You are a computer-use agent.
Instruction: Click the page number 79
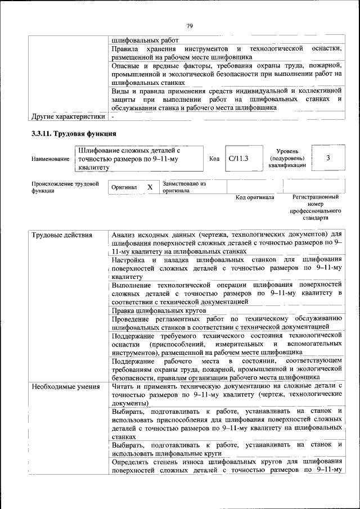pyautogui.click(x=190, y=26)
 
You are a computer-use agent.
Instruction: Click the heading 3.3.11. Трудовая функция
pyautogui.click(x=74, y=134)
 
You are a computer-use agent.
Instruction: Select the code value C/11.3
pyautogui.click(x=238, y=159)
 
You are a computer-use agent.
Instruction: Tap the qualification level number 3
pyautogui.click(x=328, y=158)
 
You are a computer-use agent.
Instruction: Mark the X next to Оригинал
pyautogui.click(x=150, y=187)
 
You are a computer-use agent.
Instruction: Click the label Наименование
pyautogui.click(x=51, y=159)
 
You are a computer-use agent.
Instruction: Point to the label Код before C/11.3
pyautogui.click(x=214, y=159)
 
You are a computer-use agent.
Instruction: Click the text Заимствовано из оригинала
pyautogui.click(x=184, y=187)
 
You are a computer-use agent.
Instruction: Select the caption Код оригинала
pyautogui.click(x=254, y=197)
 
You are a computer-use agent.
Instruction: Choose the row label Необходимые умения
pyautogui.click(x=66, y=386)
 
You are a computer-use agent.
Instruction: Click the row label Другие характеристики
pyautogui.click(x=69, y=117)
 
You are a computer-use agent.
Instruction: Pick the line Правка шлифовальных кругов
pyautogui.click(x=159, y=310)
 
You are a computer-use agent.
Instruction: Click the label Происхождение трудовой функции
pyautogui.click(x=65, y=187)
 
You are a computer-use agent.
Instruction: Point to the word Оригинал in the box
pyautogui.click(x=124, y=187)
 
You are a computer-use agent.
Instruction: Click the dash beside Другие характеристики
pyautogui.click(x=113, y=117)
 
